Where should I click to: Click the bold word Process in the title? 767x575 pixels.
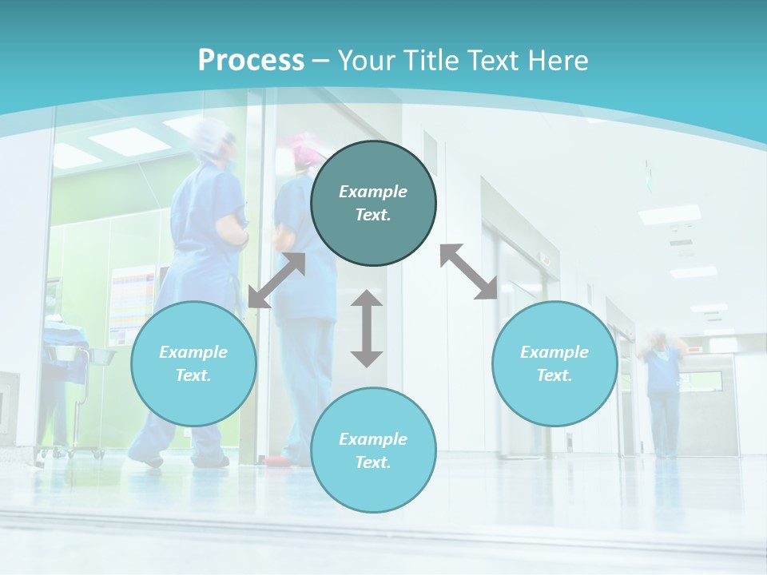(x=251, y=61)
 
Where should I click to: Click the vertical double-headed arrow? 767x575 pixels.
(x=367, y=328)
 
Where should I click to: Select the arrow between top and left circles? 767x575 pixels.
(x=276, y=280)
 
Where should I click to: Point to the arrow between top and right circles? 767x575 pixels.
(x=468, y=272)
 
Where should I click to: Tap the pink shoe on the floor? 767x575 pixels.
(x=276, y=461)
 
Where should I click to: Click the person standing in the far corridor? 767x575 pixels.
(x=662, y=391)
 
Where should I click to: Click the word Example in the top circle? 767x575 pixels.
(x=373, y=192)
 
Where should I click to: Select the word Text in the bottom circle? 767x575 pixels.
(x=373, y=462)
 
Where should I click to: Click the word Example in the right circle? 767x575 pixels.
(x=554, y=352)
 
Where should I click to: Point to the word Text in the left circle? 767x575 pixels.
(x=193, y=375)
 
